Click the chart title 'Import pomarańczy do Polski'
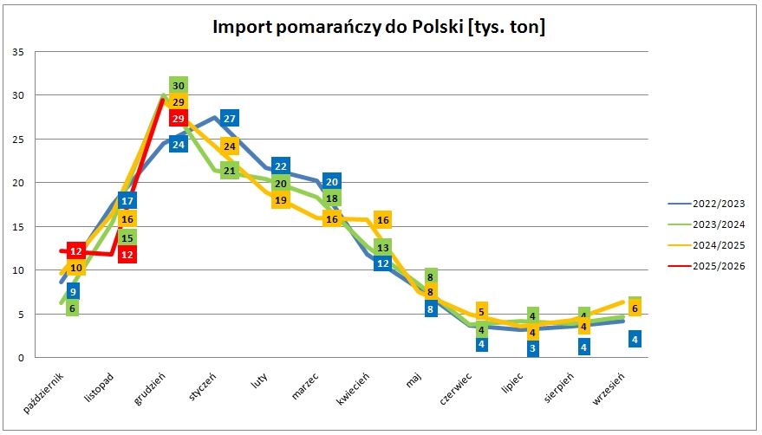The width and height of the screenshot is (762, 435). [x=380, y=27]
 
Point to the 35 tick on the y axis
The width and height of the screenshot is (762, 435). [x=18, y=51]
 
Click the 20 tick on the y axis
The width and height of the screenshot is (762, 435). [x=18, y=183]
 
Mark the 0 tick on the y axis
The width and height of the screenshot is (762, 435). [x=21, y=358]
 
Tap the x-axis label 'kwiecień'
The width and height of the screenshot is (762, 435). [x=355, y=388]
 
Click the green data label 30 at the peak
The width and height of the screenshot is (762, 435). [x=179, y=86]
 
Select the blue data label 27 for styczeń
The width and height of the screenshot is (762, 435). [x=230, y=119]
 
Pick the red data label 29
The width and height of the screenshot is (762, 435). [x=179, y=119]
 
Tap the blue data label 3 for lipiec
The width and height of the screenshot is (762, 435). [x=533, y=348]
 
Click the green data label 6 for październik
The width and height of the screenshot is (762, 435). [x=72, y=308]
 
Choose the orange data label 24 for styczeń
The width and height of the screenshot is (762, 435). [x=230, y=146]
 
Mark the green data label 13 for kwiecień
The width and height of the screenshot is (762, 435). [x=383, y=248]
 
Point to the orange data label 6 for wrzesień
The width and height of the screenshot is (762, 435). [x=635, y=308]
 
